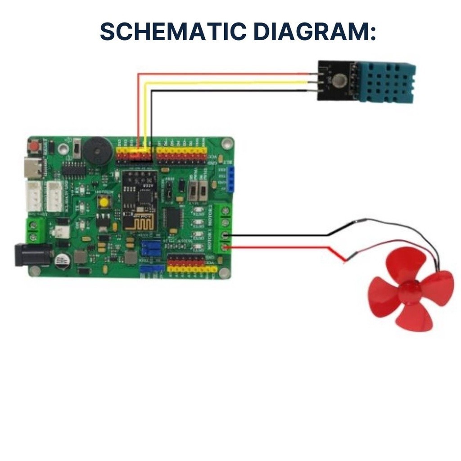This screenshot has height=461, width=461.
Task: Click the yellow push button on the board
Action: pyautogui.click(x=104, y=203)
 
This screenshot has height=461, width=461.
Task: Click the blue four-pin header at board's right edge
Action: pyautogui.click(x=231, y=178)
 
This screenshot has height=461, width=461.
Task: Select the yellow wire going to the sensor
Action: pyautogui.click(x=225, y=83)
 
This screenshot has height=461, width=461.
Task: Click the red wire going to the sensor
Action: pyautogui.click(x=225, y=74)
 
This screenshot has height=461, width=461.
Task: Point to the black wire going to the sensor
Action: pyautogui.click(x=225, y=91)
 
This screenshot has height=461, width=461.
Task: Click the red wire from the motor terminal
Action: pyautogui.click(x=279, y=247)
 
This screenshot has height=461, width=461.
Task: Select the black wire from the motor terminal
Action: pyautogui.click(x=279, y=235)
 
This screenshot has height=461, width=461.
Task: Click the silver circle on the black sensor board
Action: pyautogui.click(x=340, y=81)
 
